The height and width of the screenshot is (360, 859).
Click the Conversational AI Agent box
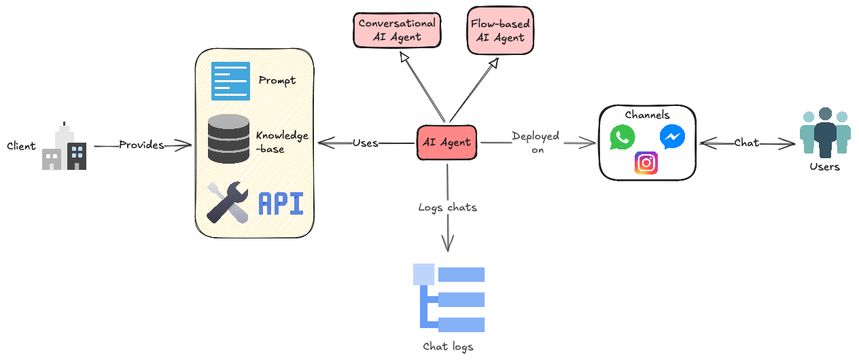(398, 30)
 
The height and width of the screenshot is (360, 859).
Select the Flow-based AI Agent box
(500, 31)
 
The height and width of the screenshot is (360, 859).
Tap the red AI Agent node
(446, 143)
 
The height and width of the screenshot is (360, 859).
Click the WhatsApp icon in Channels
(623, 137)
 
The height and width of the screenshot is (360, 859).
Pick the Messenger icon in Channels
(672, 137)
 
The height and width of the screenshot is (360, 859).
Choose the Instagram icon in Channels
(646, 163)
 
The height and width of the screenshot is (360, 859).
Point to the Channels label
(647, 115)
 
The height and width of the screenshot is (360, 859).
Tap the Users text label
(825, 167)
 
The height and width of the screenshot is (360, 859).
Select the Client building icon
(65, 147)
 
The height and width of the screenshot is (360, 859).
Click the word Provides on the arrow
(141, 145)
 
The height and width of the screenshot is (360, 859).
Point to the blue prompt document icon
(230, 81)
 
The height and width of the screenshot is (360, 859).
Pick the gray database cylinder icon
(228, 139)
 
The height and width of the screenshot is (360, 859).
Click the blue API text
(281, 204)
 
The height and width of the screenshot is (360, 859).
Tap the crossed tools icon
(227, 202)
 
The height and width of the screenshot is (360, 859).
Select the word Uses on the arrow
(366, 143)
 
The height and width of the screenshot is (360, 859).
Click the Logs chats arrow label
(447, 208)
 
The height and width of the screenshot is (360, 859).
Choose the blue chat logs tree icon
(449, 298)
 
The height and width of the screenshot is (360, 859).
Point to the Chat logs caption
(448, 346)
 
